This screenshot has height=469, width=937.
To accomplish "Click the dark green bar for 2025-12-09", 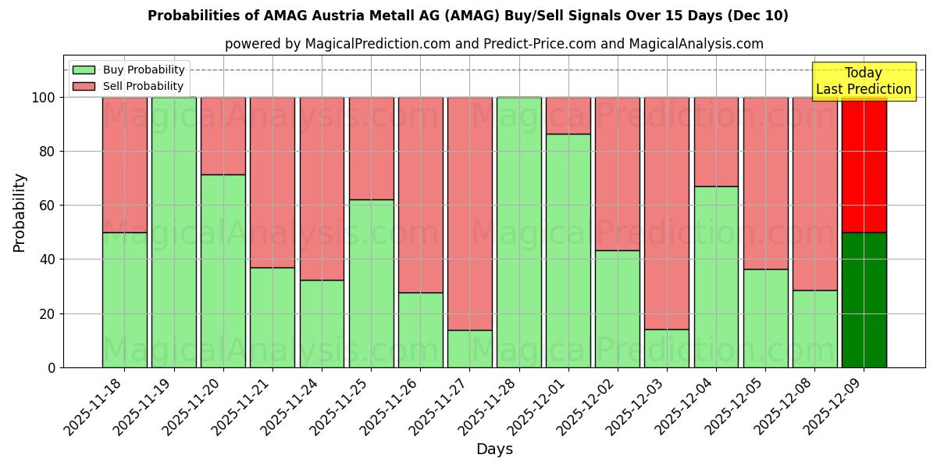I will [x=864, y=299].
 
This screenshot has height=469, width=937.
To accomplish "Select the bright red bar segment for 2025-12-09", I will [x=864, y=165].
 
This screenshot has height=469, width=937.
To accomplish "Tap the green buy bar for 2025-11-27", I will [x=469, y=349].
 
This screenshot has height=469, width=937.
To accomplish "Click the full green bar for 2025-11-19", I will [x=173, y=232].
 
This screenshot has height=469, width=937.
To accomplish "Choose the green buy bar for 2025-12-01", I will [x=568, y=250].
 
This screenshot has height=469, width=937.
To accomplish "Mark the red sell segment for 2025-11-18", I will [x=124, y=165].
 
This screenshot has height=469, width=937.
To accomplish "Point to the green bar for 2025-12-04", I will [x=716, y=277].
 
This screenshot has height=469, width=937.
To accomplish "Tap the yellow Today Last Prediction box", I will [x=863, y=81].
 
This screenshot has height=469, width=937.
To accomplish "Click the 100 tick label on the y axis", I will [x=45, y=98].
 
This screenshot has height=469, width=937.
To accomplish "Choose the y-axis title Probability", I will [x=20, y=213].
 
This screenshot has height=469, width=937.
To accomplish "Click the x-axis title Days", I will [x=494, y=449].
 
